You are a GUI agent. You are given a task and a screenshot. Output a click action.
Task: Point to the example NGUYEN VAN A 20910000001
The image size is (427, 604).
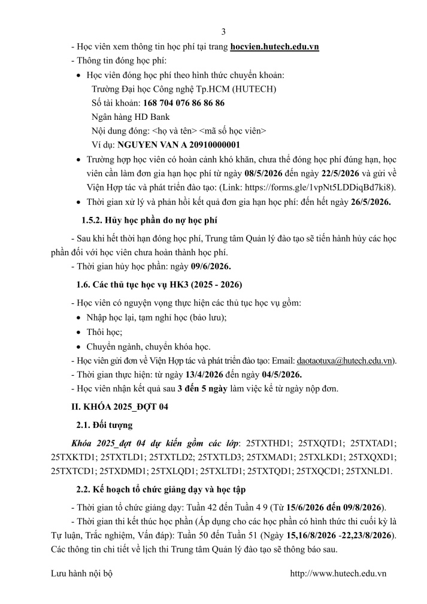(178, 144)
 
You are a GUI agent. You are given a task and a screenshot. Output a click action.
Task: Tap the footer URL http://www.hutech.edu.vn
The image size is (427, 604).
(338, 573)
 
